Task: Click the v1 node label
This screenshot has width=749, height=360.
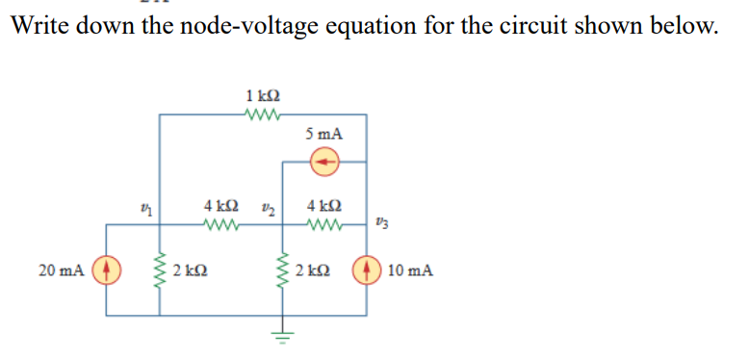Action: [x=145, y=206]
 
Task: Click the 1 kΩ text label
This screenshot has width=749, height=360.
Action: [x=263, y=95]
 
